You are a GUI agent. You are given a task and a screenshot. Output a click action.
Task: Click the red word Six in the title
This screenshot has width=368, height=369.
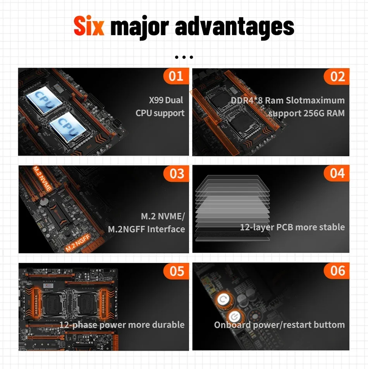[89, 26]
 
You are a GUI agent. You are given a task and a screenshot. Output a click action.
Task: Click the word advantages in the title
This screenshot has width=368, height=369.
[234, 28]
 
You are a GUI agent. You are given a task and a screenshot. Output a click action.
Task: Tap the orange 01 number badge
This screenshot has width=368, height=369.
[176, 76]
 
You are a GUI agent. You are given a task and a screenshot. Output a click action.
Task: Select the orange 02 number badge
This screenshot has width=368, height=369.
[337, 76]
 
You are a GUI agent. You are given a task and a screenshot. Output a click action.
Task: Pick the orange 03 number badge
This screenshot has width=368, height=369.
[176, 173]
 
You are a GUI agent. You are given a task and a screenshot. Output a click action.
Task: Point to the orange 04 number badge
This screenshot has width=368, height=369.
[337, 173]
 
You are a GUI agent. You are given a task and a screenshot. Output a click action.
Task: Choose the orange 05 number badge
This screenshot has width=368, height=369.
[176, 271]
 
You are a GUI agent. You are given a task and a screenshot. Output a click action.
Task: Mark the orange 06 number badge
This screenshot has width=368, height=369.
[337, 270]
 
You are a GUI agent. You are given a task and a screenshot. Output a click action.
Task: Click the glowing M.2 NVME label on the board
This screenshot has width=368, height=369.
[42, 178]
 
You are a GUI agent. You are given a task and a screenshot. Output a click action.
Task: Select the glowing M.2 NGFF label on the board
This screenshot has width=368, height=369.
[78, 243]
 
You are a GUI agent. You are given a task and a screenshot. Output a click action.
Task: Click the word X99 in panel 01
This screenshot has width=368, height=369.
[156, 100]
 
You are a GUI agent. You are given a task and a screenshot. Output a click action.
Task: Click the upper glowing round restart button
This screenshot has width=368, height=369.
[223, 300]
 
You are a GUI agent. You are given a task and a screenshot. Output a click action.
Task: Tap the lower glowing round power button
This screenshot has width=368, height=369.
[234, 317]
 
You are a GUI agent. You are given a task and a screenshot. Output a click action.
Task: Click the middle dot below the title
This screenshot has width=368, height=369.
[184, 57]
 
